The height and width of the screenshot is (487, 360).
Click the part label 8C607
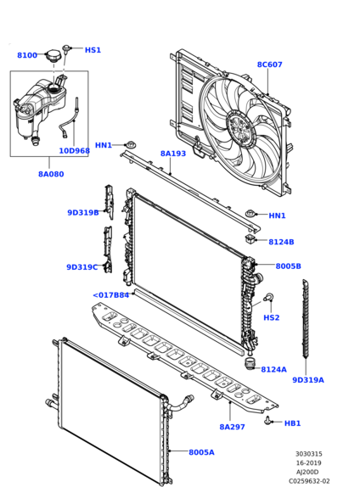point(269,64)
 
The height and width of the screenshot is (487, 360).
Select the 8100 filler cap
point(53,57)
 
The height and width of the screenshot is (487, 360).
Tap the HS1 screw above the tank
point(66,49)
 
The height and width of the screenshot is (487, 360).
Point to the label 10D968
point(75,151)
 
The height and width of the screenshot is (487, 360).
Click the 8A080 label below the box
point(51,174)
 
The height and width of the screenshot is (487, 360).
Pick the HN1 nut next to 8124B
point(250,214)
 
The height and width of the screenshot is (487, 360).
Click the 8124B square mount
point(250,239)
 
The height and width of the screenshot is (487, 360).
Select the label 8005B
point(288,266)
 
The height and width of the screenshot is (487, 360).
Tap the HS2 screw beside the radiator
point(268,297)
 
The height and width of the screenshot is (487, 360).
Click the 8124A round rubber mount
point(249,364)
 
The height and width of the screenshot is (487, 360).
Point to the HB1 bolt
point(267,421)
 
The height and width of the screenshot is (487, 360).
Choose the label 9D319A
point(308,380)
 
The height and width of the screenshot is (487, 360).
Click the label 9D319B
point(83,212)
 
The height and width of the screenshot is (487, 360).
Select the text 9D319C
point(82,267)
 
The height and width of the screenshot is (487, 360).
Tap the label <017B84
point(111,295)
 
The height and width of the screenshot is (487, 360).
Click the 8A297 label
point(233,427)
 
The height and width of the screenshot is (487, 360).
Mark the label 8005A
point(201,452)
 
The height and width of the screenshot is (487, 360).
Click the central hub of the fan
point(241,129)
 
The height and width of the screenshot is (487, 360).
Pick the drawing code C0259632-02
point(309,481)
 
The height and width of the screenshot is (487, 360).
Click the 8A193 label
point(173,154)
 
